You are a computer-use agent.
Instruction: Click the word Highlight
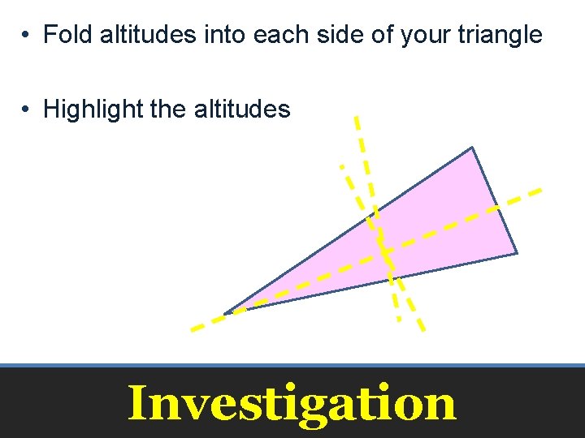[x=93, y=109]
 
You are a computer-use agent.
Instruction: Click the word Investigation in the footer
[x=292, y=403]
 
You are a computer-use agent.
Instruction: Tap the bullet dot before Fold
[x=27, y=36]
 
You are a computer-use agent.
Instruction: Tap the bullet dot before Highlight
[x=27, y=109]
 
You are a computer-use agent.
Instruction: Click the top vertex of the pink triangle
[x=471, y=148]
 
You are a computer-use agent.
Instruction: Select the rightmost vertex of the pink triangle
[x=517, y=254]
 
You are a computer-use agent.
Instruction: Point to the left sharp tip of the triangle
[x=227, y=313]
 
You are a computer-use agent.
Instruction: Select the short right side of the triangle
[x=494, y=200]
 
